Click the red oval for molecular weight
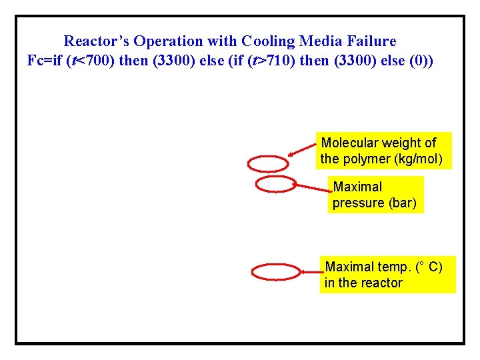[268, 163]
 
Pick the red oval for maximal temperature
[276, 272]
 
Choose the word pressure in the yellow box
[358, 203]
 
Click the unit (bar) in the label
[402, 203]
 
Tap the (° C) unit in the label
[429, 267]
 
